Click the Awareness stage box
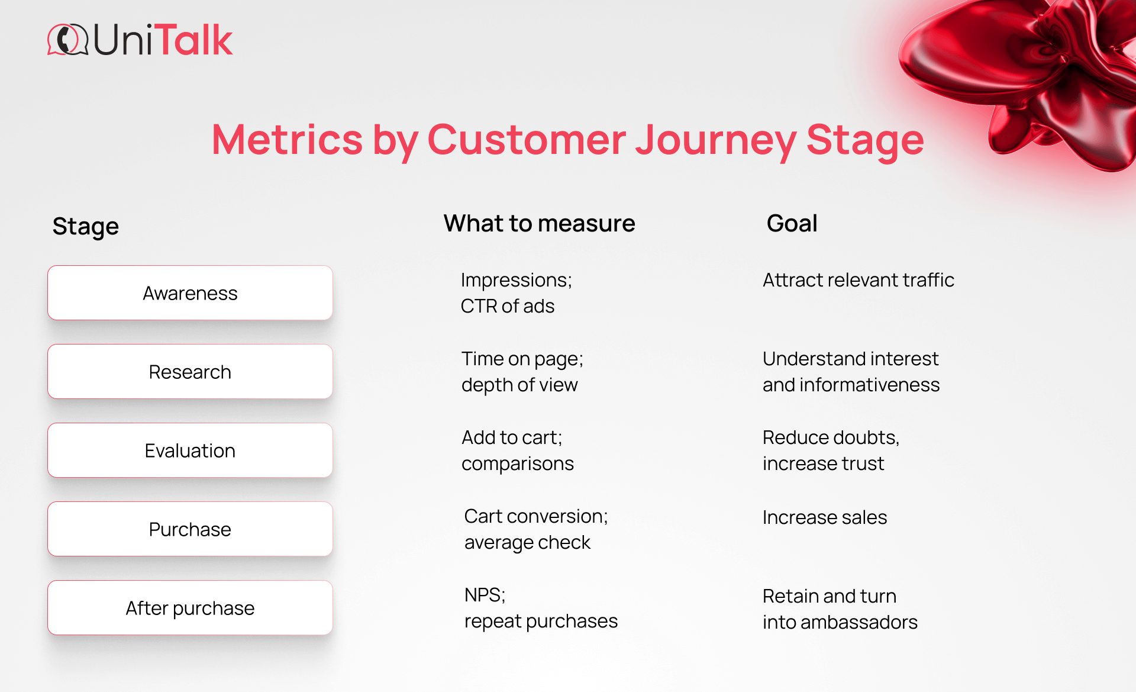190,293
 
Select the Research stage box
190,372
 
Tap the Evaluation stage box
190,450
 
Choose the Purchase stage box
190,529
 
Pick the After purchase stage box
190,608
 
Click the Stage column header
86,226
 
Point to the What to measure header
539,224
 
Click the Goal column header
792,224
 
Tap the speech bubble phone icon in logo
67,40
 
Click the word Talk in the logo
196,40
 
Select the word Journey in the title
715,141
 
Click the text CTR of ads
508,306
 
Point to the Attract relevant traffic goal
858,280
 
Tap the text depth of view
519,385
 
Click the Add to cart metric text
512,437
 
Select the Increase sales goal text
824,517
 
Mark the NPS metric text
485,595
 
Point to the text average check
527,542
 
